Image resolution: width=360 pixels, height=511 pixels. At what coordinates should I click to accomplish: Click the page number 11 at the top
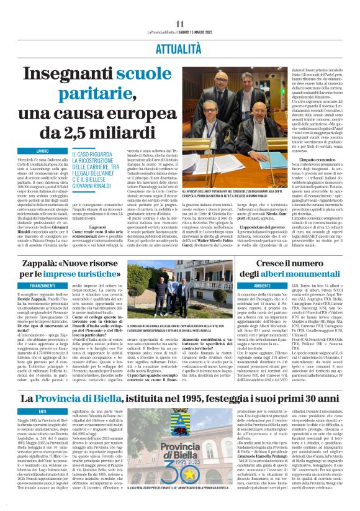179,24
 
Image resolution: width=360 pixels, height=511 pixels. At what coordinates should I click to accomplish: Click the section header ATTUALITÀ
180,47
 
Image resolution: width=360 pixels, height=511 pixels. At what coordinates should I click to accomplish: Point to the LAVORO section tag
42,151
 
